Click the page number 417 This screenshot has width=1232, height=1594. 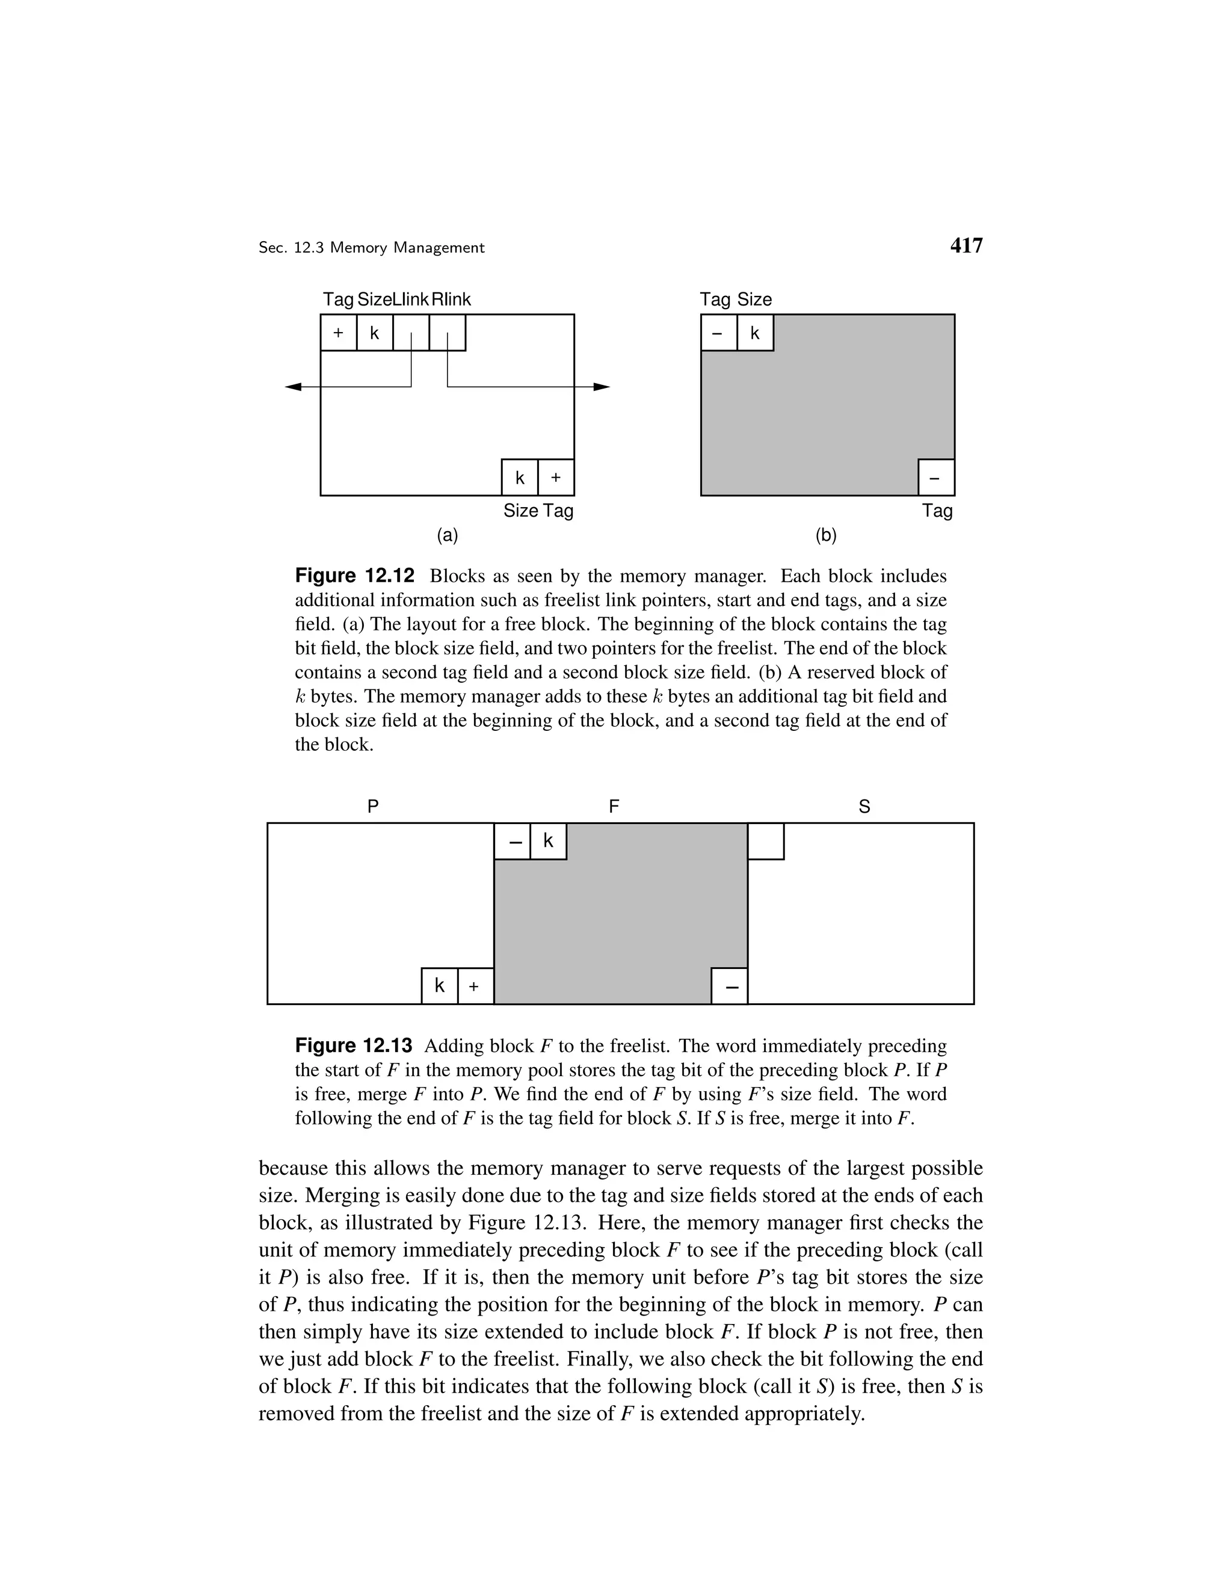click(966, 246)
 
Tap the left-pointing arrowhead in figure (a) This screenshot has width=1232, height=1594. click(294, 387)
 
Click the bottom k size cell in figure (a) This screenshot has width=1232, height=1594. click(520, 478)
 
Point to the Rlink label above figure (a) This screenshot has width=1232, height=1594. click(451, 299)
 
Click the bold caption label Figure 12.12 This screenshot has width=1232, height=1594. click(355, 576)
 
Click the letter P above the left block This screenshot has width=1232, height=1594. click(373, 807)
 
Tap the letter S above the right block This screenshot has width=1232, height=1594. click(864, 807)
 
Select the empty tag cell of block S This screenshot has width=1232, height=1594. click(766, 842)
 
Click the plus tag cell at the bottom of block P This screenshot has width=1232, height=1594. click(475, 986)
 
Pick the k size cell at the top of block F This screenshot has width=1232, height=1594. click(548, 842)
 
